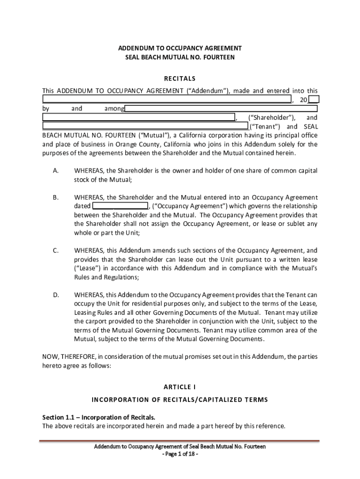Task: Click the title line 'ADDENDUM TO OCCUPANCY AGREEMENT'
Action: (180, 48)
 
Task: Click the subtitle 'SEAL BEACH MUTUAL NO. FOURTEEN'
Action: (180, 57)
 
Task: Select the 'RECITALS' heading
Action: (180, 78)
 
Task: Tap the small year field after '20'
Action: (314, 99)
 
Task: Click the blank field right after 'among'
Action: (221, 109)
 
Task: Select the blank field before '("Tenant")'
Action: (145, 126)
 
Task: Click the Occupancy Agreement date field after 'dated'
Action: (120, 206)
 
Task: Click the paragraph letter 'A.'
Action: (56, 171)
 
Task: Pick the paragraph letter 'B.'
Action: (56, 197)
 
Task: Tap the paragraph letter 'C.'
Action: (56, 251)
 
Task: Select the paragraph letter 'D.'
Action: (56, 295)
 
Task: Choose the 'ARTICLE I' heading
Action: (180, 387)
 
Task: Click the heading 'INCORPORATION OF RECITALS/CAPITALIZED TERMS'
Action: (180, 399)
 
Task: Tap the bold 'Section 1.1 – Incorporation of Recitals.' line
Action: (99, 417)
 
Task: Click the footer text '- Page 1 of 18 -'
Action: (180, 454)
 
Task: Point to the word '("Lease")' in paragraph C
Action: (87, 268)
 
